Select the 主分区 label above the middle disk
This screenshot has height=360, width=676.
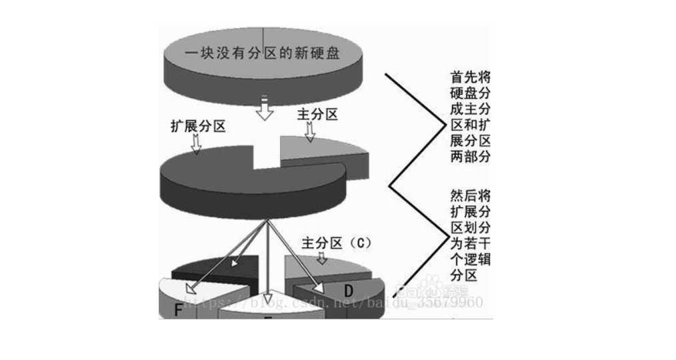(x=317, y=115)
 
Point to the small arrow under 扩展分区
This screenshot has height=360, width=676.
(x=196, y=143)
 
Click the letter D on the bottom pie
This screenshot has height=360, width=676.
(x=348, y=291)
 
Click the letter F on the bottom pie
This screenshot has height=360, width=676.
(x=178, y=310)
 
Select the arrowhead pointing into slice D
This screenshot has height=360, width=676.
(x=319, y=289)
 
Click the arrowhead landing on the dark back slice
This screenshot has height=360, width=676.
(x=235, y=264)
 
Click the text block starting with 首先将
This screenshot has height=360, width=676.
(x=471, y=117)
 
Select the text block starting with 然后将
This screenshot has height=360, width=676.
(x=471, y=233)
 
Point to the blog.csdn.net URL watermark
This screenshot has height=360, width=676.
(x=333, y=303)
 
